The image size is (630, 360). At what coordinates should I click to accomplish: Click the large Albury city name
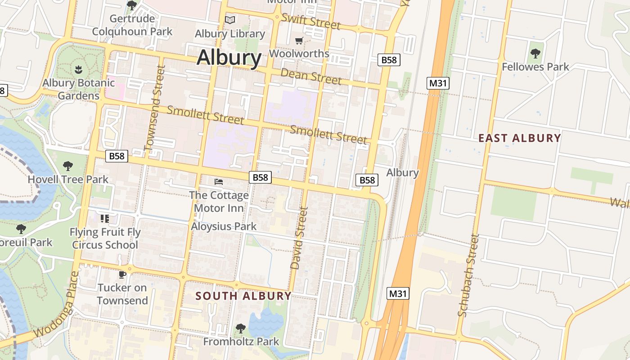point(229,58)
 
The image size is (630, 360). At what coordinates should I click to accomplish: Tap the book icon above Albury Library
point(230,20)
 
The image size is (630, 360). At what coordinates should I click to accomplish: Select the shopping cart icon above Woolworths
point(299,41)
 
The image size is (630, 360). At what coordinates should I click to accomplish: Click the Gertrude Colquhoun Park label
point(132,25)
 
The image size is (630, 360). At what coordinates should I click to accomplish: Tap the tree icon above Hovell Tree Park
point(68,166)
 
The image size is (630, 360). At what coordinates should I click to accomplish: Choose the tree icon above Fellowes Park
point(535,54)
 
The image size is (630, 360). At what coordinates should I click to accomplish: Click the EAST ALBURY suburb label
point(519,138)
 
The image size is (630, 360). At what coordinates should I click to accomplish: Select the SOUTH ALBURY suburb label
point(243,296)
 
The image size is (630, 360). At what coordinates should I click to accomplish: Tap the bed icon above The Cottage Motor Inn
point(219,182)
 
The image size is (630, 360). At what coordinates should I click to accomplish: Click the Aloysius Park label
point(224,226)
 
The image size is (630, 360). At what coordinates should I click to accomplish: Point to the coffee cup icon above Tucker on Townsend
point(122,274)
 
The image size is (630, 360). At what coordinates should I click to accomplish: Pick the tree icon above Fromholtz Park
point(241,328)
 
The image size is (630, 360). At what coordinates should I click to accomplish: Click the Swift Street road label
point(310,21)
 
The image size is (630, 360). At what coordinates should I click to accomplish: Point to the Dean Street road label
point(311,76)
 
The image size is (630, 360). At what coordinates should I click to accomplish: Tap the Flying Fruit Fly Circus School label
point(105,238)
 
